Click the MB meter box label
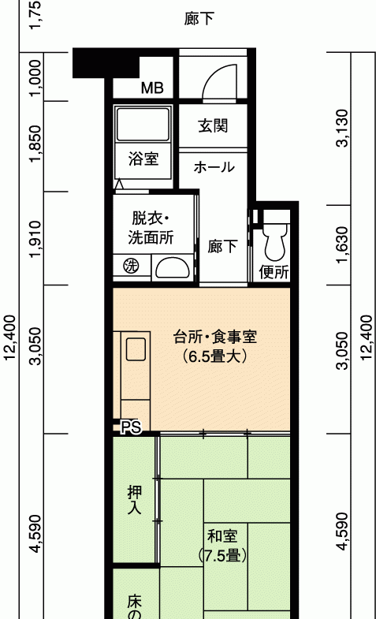[x=152, y=88]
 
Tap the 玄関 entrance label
[x=213, y=126]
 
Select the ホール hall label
[x=214, y=167]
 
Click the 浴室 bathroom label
[x=143, y=158]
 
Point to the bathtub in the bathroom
[x=143, y=124]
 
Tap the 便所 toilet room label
[x=274, y=271]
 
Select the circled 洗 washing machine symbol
[x=132, y=266]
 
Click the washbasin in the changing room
[x=172, y=268]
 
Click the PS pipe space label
[x=131, y=427]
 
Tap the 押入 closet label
[x=135, y=500]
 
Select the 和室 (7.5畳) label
[x=222, y=546]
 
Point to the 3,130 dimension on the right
[x=342, y=129]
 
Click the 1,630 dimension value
[x=342, y=245]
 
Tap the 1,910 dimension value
[x=35, y=239]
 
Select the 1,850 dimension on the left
[x=35, y=144]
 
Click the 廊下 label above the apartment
[x=199, y=19]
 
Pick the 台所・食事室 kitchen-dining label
[x=215, y=337]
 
